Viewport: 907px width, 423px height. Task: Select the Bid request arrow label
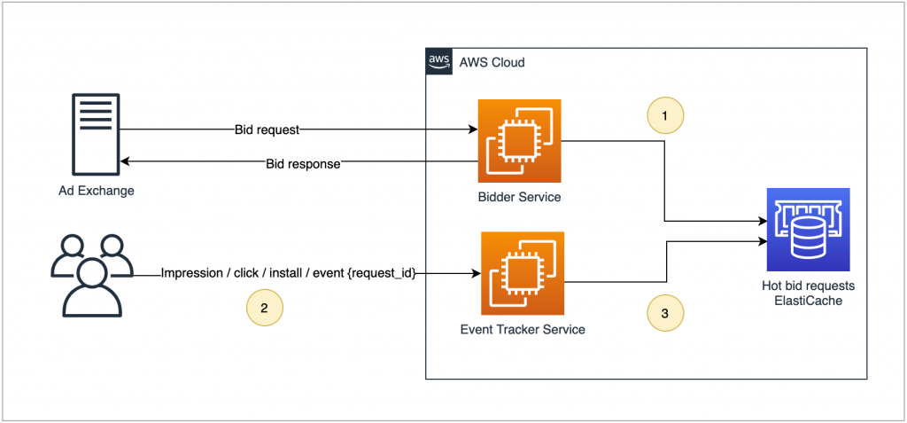click(x=267, y=129)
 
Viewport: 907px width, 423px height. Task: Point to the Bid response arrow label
click(x=303, y=163)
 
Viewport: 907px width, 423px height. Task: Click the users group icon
click(x=91, y=274)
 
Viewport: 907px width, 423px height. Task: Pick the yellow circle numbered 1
click(x=666, y=115)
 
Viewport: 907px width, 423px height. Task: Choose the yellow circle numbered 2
click(x=264, y=309)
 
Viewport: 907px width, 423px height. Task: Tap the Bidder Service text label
click(x=519, y=197)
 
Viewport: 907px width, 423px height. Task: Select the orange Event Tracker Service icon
click(x=523, y=273)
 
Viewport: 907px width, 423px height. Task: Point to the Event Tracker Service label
click(x=523, y=330)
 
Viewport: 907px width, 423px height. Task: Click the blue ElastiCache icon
click(x=806, y=229)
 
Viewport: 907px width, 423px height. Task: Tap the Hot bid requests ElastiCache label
click(x=806, y=294)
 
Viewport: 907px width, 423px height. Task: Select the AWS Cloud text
click(x=492, y=63)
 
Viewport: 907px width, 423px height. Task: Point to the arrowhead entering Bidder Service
click(x=473, y=129)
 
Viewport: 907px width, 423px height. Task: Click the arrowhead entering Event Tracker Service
click(x=476, y=274)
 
